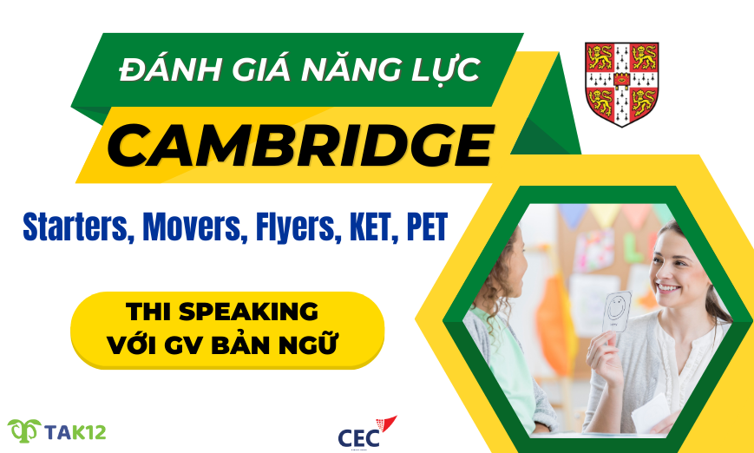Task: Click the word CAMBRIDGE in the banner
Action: (x=299, y=145)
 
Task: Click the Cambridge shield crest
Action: (x=621, y=82)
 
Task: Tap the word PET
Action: (x=425, y=226)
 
